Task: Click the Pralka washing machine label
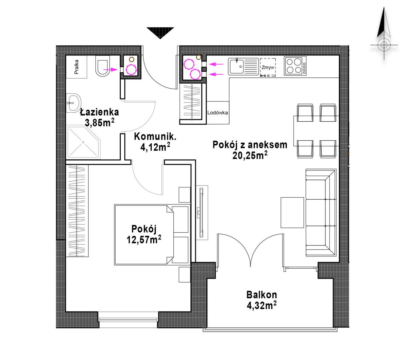[76, 67]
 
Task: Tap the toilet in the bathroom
[102, 66]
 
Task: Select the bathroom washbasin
[74, 103]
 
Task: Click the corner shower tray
[84, 142]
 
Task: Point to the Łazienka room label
[99, 112]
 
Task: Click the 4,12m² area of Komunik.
[155, 147]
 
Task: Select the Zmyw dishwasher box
[268, 67]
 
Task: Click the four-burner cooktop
[295, 66]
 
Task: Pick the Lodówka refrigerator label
[218, 112]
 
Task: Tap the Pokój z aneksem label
[250, 145]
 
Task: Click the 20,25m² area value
[250, 155]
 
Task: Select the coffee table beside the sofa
[292, 213]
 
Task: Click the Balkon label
[261, 295]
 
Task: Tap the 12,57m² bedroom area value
[144, 240]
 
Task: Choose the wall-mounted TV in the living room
[201, 212]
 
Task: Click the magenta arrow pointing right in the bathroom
[110, 69]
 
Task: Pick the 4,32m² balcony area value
[261, 305]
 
